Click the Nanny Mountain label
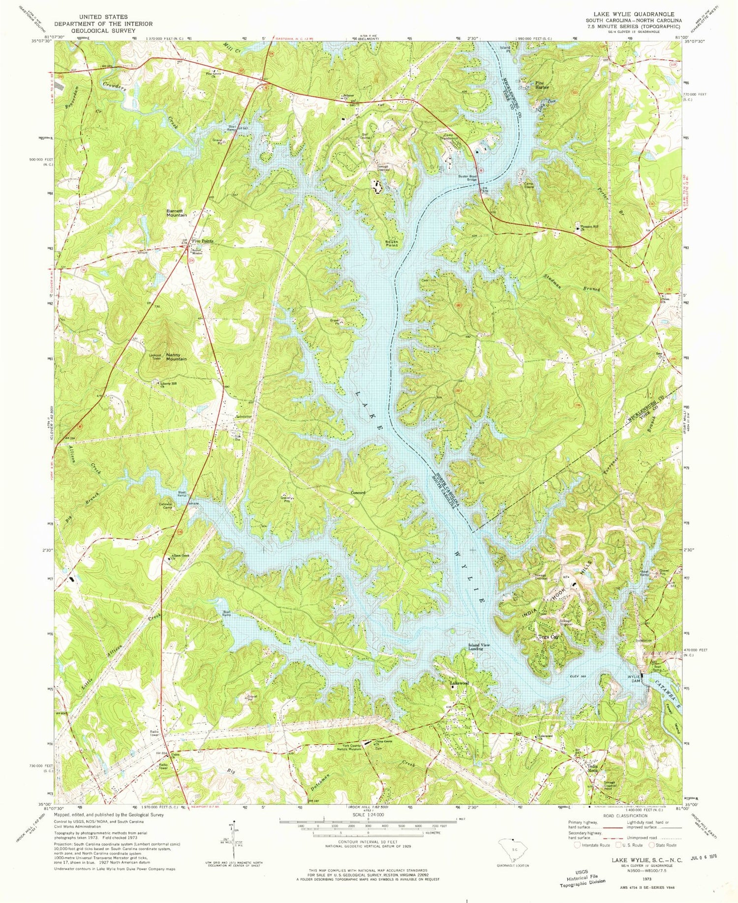[x=176, y=356]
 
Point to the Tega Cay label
[x=547, y=636]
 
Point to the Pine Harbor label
[x=543, y=86]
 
